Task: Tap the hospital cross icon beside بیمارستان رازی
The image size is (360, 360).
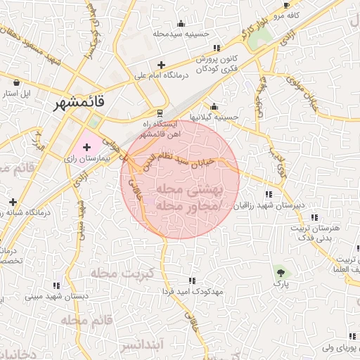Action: [87, 147]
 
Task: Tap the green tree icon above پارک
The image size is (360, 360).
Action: [281, 271]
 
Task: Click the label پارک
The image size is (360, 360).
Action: [281, 284]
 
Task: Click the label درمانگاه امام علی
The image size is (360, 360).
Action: [162, 75]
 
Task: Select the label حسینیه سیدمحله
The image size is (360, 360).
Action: [182, 33]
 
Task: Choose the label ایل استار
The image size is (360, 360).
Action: [17, 93]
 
